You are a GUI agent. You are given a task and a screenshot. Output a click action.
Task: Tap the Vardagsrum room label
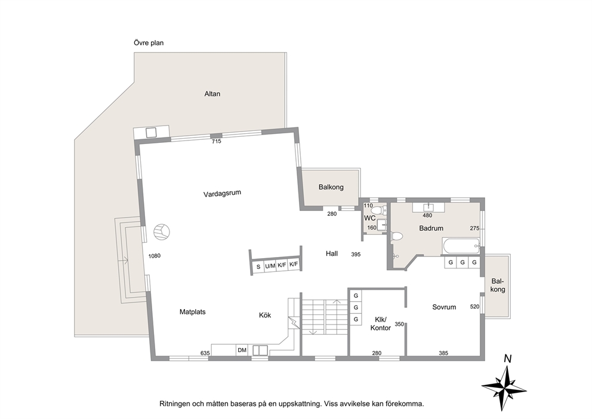(x=222, y=194)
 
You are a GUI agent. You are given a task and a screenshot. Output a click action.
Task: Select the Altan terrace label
(x=212, y=94)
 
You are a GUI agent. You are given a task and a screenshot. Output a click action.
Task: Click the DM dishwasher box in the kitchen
(x=242, y=350)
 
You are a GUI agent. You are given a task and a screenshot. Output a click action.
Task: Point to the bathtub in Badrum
(x=461, y=246)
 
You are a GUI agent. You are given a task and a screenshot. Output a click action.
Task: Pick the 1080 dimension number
(x=155, y=256)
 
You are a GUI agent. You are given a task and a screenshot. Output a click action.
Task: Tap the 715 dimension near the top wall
(x=217, y=142)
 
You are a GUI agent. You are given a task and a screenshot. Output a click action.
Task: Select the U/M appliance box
(x=270, y=266)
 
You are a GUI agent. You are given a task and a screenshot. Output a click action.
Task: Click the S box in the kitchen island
(x=258, y=267)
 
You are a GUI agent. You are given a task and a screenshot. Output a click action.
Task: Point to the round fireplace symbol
(x=162, y=232)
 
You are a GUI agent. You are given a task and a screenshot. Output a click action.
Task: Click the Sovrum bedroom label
(x=444, y=307)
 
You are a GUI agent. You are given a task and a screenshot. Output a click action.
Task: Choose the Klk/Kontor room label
(x=381, y=324)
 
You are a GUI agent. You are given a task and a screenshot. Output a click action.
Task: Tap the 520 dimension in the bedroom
(x=474, y=307)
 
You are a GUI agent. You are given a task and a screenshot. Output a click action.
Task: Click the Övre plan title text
(x=149, y=43)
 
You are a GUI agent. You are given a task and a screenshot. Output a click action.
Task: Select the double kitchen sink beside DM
(x=260, y=350)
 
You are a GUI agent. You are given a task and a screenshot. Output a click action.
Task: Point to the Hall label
(x=332, y=254)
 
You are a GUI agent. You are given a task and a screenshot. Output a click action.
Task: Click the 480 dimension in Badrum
(x=427, y=216)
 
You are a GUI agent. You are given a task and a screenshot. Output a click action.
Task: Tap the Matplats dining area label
(x=193, y=312)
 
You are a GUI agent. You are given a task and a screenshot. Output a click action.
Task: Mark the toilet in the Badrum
(x=396, y=237)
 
